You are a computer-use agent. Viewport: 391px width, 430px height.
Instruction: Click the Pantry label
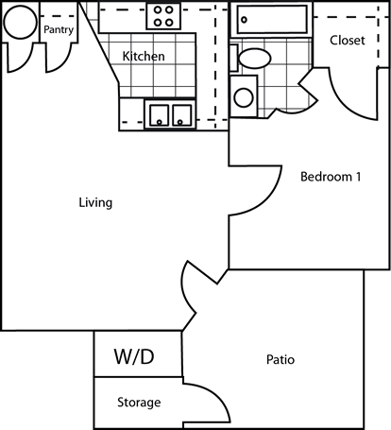point(59,29)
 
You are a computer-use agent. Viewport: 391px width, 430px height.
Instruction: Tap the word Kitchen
point(144,57)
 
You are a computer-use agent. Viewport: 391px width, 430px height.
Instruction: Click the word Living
point(96,202)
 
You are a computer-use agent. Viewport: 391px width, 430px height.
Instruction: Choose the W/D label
point(133,357)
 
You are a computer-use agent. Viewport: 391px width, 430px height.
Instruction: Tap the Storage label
point(138,403)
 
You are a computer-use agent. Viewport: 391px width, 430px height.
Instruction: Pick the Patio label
point(280,360)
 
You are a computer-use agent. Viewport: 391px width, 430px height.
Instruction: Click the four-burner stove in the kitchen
point(164,17)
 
